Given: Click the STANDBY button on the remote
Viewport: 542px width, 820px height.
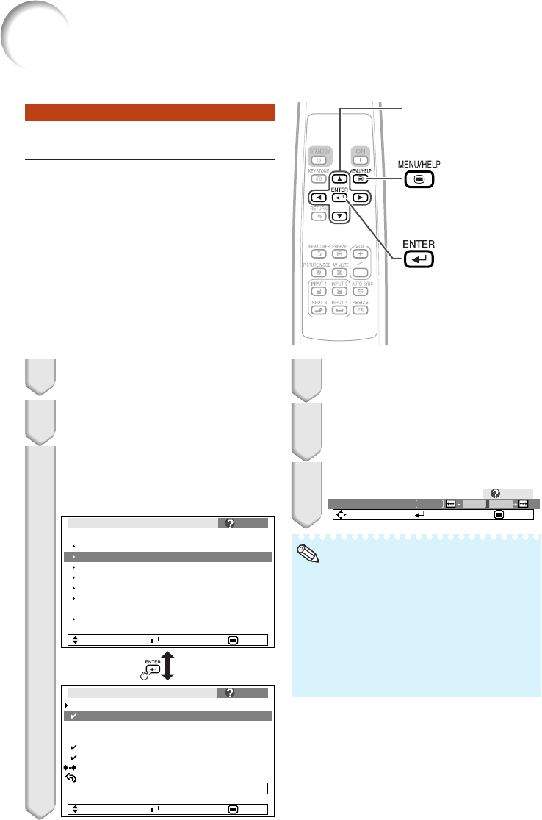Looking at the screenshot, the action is (320, 159).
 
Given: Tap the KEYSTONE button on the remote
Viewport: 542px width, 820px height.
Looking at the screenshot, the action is (320, 179).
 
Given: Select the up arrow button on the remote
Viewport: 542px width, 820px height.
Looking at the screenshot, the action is (339, 179).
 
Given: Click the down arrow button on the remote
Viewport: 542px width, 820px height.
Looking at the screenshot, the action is (339, 216).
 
